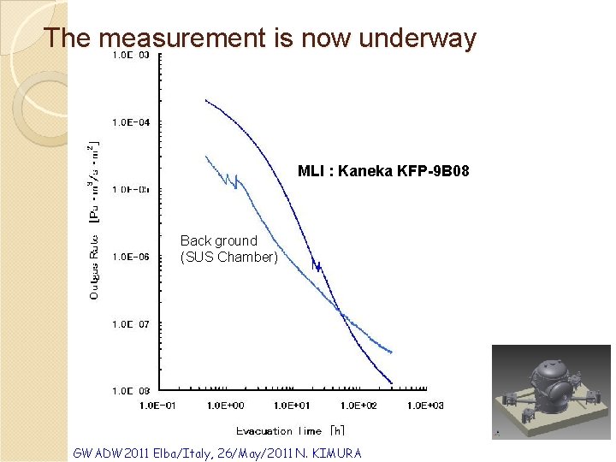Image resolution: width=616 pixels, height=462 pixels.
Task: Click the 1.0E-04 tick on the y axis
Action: pyautogui.click(x=132, y=122)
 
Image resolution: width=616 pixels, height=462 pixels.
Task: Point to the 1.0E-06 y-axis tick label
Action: pyautogui.click(x=132, y=256)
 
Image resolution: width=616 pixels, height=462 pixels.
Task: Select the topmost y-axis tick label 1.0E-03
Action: pyautogui.click(x=132, y=55)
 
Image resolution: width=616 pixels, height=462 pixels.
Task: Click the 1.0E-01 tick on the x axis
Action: pyautogui.click(x=157, y=405)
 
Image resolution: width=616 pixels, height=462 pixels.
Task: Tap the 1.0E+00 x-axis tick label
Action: pyautogui.click(x=226, y=405)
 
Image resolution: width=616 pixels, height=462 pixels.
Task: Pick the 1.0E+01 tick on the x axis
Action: pyautogui.click(x=293, y=405)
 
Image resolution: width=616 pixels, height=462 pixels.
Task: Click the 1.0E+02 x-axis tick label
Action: pyautogui.click(x=358, y=405)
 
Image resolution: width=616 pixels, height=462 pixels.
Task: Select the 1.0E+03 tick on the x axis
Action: pyautogui.click(x=425, y=405)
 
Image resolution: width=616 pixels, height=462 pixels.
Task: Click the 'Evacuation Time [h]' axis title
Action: pyautogui.click(x=290, y=430)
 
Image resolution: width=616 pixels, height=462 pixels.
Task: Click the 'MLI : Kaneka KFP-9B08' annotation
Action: pyautogui.click(x=382, y=171)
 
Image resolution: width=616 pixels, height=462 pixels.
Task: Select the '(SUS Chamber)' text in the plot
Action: pyautogui.click(x=228, y=257)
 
